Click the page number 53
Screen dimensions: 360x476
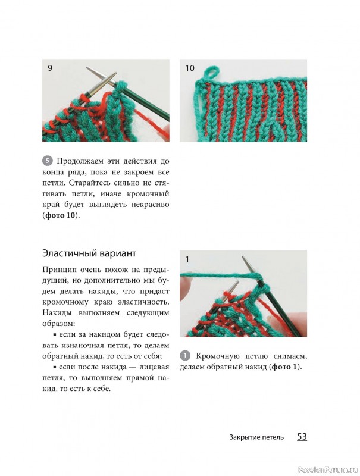coord(302,437)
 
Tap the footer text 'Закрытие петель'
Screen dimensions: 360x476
coord(256,437)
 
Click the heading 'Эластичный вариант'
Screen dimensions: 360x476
coord(89,253)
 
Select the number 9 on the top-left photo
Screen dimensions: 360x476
coord(50,68)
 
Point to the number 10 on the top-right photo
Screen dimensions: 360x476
coord(190,68)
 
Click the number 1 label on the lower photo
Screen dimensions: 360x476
coord(187,259)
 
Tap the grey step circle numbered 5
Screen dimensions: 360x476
coord(48,161)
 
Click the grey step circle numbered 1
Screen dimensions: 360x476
coord(185,356)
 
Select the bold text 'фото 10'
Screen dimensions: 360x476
coord(60,215)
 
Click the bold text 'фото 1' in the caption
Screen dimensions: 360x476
coord(284,367)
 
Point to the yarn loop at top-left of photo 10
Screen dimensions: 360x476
coord(212,73)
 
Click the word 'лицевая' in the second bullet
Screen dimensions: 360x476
coord(154,367)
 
